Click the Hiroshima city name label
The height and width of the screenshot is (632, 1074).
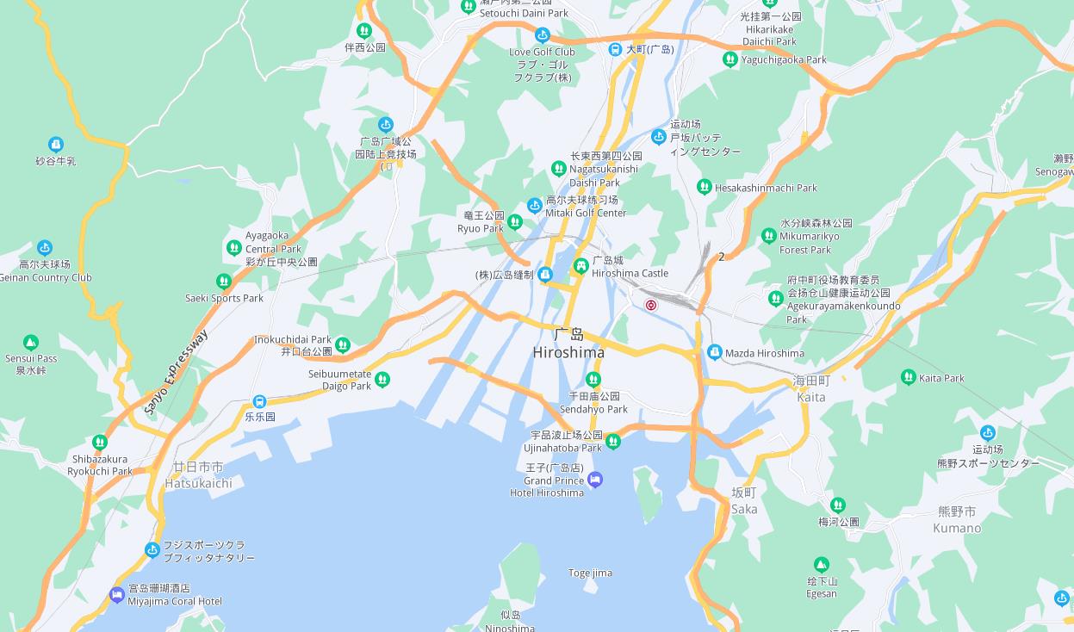[568, 344]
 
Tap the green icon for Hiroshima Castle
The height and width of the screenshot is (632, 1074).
[580, 266]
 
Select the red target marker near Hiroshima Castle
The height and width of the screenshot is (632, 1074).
[651, 305]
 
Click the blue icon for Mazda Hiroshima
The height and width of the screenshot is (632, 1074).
[714, 352]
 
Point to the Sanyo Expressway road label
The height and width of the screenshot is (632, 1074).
[177, 373]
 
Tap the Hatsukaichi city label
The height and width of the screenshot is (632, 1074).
[198, 475]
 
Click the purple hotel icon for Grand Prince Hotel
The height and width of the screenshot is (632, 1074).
[595, 480]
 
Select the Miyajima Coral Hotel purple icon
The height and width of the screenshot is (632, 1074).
[117, 594]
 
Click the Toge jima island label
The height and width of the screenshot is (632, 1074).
[590, 573]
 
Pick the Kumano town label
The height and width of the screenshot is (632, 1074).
[956, 520]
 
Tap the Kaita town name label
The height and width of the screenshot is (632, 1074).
[811, 389]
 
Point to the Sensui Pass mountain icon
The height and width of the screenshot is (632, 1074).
[31, 343]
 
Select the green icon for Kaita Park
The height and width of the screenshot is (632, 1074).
[908, 377]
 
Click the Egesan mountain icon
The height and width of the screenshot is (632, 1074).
[822, 565]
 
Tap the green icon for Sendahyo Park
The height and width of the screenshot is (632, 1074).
[593, 380]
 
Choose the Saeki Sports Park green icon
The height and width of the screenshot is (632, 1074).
[224, 282]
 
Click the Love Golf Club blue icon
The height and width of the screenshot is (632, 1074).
[542, 35]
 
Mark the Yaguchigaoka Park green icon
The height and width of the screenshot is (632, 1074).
[730, 59]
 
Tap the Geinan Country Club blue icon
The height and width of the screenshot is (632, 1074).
[45, 248]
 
